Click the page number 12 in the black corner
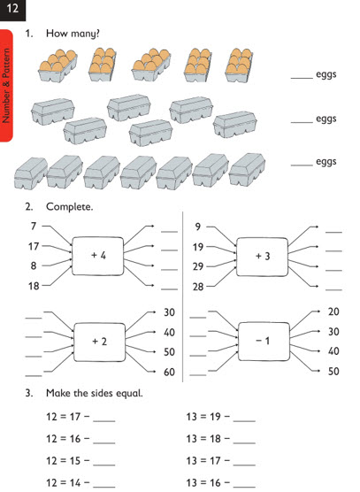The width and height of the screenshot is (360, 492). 12,8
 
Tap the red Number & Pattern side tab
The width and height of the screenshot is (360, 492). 6,85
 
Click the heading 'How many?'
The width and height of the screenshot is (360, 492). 73,34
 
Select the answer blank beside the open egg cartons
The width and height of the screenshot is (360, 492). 302,77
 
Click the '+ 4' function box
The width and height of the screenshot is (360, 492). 98,256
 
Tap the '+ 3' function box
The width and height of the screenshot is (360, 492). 262,257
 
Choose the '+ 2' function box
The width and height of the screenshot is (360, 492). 99,342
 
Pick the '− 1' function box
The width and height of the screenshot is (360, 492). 264,341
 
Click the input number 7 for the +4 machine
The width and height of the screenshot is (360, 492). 34,226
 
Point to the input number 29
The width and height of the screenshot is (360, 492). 198,266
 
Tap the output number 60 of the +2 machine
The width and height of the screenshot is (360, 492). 169,372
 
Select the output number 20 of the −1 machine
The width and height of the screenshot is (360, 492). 333,311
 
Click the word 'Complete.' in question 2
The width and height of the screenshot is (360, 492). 69,207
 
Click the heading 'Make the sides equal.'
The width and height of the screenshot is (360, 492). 95,393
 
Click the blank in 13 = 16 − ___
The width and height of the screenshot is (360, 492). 244,486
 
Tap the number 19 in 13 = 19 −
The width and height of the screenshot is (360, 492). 215,417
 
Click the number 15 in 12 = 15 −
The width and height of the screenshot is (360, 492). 75,461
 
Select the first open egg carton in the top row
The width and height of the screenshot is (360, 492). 57,65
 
